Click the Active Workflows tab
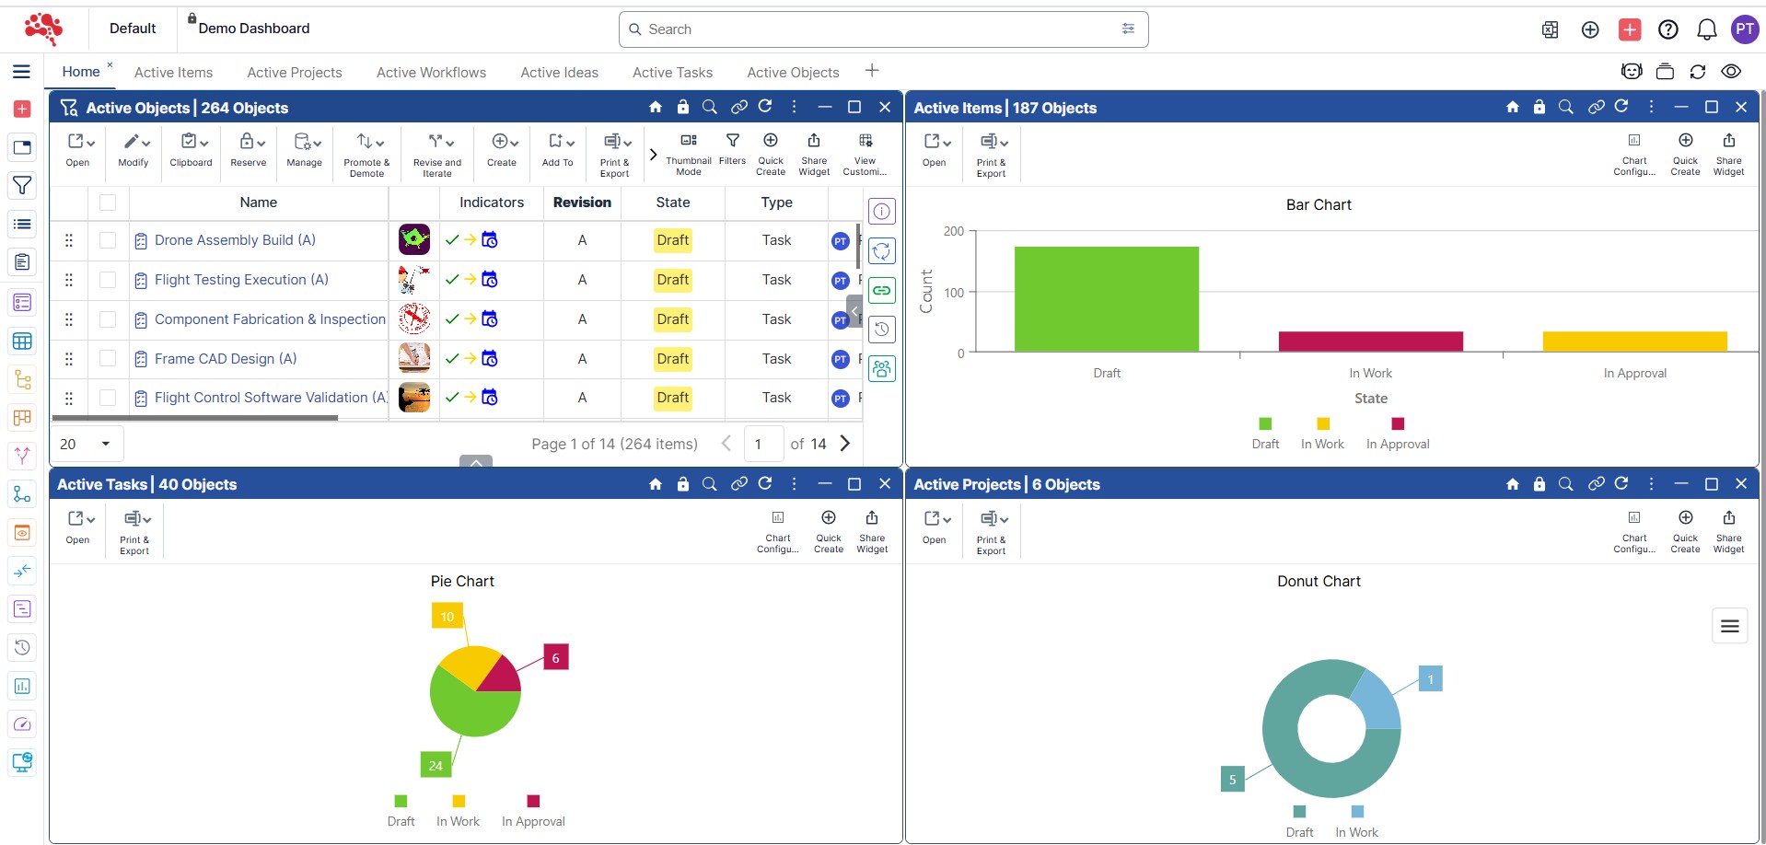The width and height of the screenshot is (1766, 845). click(x=431, y=73)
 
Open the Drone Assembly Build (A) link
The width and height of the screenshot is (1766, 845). click(x=235, y=240)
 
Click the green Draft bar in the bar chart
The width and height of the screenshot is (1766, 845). click(x=1106, y=298)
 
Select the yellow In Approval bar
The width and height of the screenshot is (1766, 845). click(x=1634, y=341)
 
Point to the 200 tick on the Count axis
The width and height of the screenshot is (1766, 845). click(x=954, y=232)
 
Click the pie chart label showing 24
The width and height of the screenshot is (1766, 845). click(x=436, y=765)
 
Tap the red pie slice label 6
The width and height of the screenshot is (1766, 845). click(x=555, y=658)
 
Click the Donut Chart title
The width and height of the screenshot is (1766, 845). click(x=1319, y=582)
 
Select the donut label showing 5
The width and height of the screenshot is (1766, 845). click(x=1232, y=780)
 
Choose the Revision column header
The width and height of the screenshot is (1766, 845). click(x=582, y=203)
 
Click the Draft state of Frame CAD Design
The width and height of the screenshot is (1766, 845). click(x=672, y=359)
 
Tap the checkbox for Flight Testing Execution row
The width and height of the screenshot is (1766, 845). click(x=108, y=280)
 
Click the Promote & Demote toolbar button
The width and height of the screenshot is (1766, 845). click(x=366, y=153)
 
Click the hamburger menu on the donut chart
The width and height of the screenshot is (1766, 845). click(x=1729, y=627)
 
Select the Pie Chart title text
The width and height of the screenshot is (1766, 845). click(x=462, y=582)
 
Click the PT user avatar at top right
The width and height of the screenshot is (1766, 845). click(x=1744, y=29)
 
